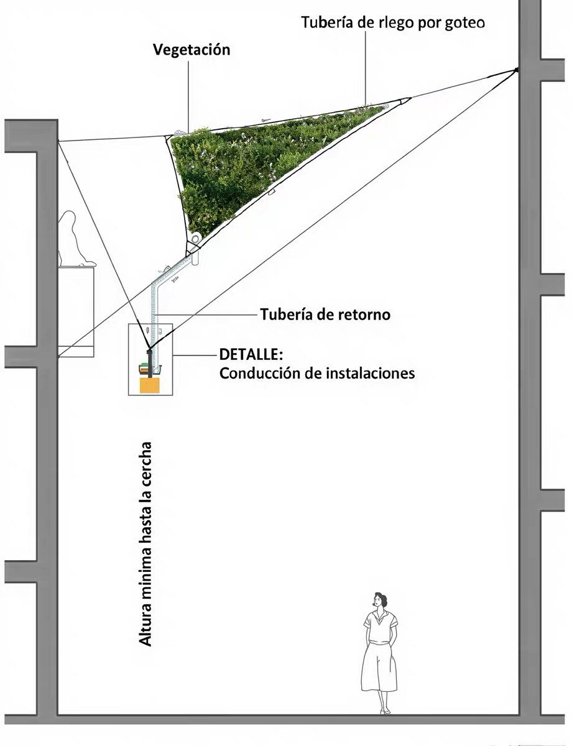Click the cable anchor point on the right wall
pyautogui.click(x=515, y=70)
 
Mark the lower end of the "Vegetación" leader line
pyautogui.click(x=188, y=133)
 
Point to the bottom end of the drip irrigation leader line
pyautogui.click(x=365, y=104)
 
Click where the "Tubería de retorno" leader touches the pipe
pyautogui.click(x=155, y=314)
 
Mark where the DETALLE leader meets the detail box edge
pyautogui.click(x=172, y=354)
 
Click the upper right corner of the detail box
pyautogui.click(x=172, y=324)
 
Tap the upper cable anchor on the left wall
pyautogui.click(x=58, y=141)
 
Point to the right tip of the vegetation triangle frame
pyautogui.click(x=411, y=98)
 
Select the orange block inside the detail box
pyautogui.click(x=150, y=385)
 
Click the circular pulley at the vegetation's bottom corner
pyautogui.click(x=196, y=238)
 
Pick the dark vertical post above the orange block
pyautogui.click(x=149, y=364)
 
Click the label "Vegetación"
pyautogui.click(x=191, y=50)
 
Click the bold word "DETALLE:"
pyautogui.click(x=251, y=354)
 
